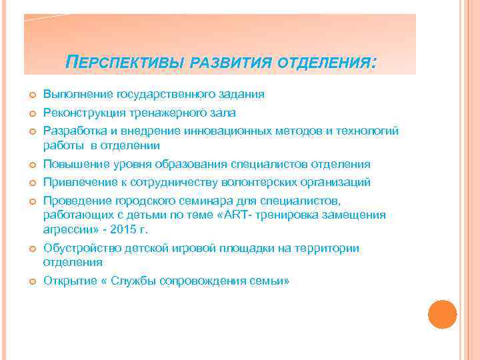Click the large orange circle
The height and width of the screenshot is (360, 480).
442,314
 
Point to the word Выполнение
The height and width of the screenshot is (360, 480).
77,95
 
